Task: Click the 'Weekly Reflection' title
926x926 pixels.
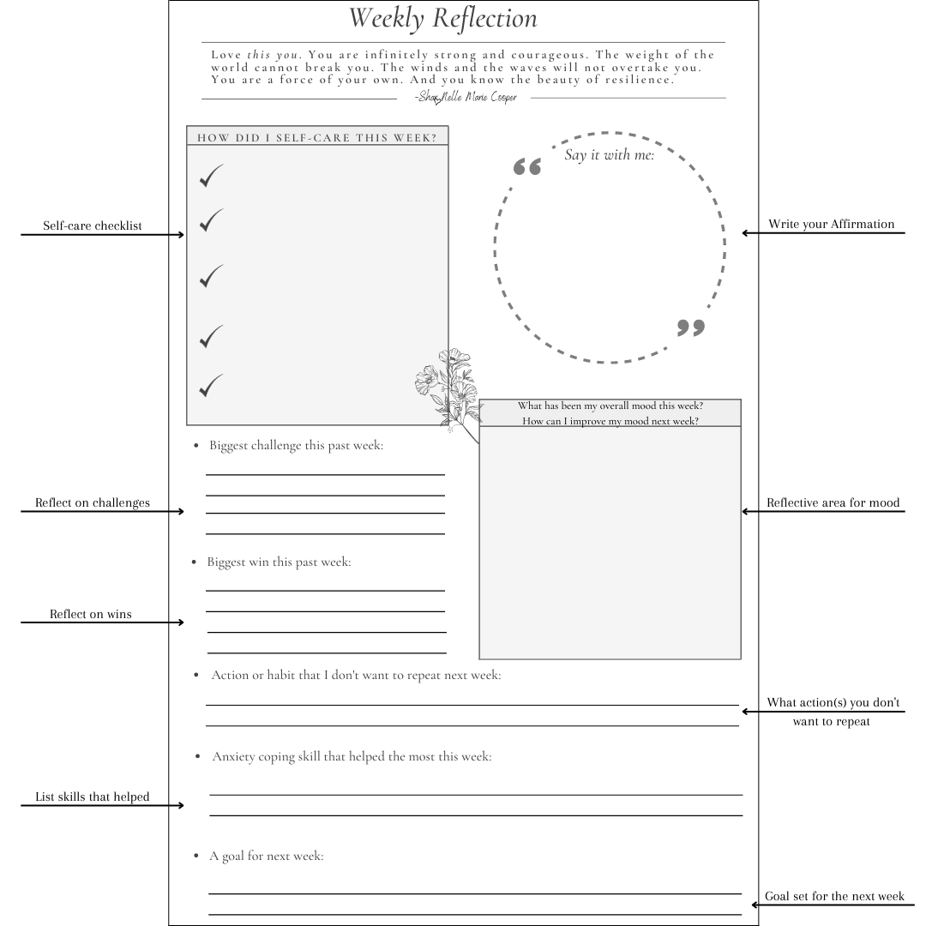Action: pyautogui.click(x=443, y=18)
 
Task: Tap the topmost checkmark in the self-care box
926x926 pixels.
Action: pyautogui.click(x=210, y=176)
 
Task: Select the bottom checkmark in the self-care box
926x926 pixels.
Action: pyautogui.click(x=210, y=386)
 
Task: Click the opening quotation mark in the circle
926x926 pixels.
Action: pyautogui.click(x=527, y=166)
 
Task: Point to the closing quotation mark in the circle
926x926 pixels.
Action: pyautogui.click(x=690, y=328)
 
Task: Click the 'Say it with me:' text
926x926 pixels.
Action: pyautogui.click(x=609, y=155)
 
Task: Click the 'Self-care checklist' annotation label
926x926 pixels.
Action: pyautogui.click(x=93, y=226)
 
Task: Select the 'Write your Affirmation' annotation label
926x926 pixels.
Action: pyautogui.click(x=831, y=225)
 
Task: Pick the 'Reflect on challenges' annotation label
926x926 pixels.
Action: pyautogui.click(x=93, y=503)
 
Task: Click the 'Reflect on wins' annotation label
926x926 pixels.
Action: pyautogui.click(x=91, y=615)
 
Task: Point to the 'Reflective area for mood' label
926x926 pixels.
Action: pyautogui.click(x=833, y=503)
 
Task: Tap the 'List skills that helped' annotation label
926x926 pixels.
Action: pyautogui.click(x=93, y=797)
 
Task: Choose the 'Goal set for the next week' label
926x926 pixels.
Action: pyautogui.click(x=834, y=897)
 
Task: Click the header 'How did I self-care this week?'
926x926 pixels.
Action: pyautogui.click(x=317, y=137)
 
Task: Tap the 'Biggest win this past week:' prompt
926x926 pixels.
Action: pyautogui.click(x=279, y=562)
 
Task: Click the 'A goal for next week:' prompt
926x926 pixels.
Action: pyautogui.click(x=267, y=856)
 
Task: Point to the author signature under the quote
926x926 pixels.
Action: pyautogui.click(x=466, y=98)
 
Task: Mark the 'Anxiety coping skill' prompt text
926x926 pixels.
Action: pyautogui.click(x=352, y=757)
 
